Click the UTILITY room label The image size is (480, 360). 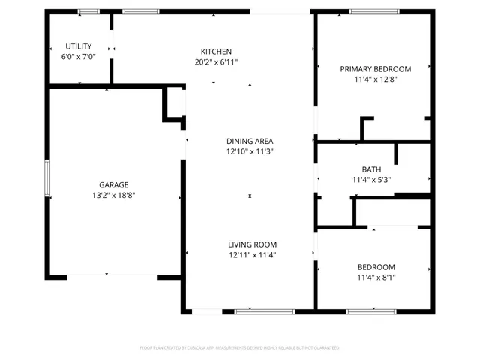click(x=78, y=46)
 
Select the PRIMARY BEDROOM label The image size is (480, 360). click(x=370, y=69)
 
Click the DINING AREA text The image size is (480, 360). click(x=250, y=141)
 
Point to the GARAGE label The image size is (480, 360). click(x=114, y=184)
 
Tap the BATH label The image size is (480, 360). click(x=371, y=169)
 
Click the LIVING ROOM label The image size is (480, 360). click(x=253, y=244)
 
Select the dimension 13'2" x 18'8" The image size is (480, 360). click(x=114, y=195)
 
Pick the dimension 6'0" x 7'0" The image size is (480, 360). click(x=78, y=57)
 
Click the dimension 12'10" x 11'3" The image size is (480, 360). click(x=250, y=151)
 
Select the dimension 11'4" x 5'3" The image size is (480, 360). click(x=371, y=180)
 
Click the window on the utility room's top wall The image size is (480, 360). click(x=88, y=11)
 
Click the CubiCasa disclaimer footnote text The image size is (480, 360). click(x=240, y=348)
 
